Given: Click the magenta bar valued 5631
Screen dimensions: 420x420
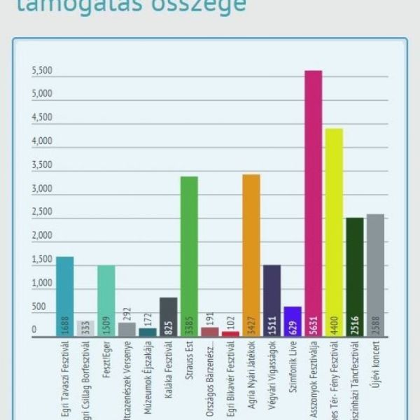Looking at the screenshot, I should click(313, 203).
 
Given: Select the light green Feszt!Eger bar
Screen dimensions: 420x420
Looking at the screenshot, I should click(106, 301).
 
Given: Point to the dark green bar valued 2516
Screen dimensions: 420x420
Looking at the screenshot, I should click(355, 277).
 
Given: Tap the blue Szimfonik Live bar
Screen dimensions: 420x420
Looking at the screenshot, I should click(293, 321).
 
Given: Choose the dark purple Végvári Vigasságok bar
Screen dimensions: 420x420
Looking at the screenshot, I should click(272, 301).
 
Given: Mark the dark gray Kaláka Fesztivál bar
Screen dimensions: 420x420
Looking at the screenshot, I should click(169, 317).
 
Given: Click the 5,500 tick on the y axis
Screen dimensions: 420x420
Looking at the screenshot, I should click(42, 71).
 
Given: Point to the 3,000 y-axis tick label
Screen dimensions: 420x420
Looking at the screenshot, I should click(42, 189).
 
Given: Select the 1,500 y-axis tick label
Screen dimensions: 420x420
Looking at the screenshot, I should click(42, 260).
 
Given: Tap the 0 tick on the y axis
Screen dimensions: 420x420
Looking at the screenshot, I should click(34, 330).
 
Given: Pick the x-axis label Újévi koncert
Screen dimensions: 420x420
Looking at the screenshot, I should click(376, 361).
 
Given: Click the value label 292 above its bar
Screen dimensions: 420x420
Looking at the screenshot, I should click(127, 314).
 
